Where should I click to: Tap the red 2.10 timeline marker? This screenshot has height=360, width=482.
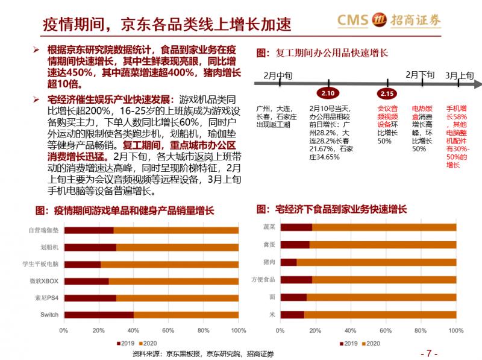pos(328,93)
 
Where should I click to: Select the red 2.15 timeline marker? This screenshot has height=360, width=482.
pos(387,93)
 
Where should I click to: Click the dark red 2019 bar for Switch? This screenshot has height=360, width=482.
pos(98,314)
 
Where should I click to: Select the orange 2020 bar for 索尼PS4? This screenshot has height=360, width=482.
pos(177,297)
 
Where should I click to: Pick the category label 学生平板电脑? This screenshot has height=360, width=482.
pos(40,264)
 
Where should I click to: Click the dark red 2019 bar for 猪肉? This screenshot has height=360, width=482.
pos(289,262)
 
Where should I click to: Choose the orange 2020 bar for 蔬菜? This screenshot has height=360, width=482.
pos(384,227)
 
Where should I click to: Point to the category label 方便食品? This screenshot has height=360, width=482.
pos(263,279)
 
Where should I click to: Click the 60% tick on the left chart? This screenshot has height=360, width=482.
pos(169,331)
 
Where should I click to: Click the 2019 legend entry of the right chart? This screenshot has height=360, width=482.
pos(346,344)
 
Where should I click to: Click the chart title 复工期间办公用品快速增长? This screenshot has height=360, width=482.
pos(327,52)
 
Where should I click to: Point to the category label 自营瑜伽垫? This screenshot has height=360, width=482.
pos(43,230)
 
